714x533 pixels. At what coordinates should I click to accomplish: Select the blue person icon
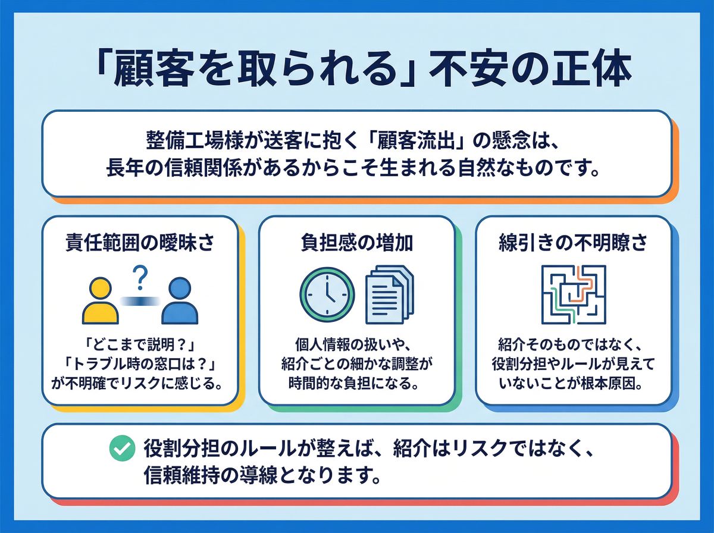pyautogui.click(x=179, y=301)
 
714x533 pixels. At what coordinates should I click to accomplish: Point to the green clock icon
pyautogui.click(x=327, y=294)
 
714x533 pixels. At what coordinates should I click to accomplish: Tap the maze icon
pyautogui.click(x=574, y=294)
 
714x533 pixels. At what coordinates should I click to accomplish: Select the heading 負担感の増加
pyautogui.click(x=357, y=243)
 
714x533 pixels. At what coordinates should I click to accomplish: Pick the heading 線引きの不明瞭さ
pyautogui.click(x=574, y=243)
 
